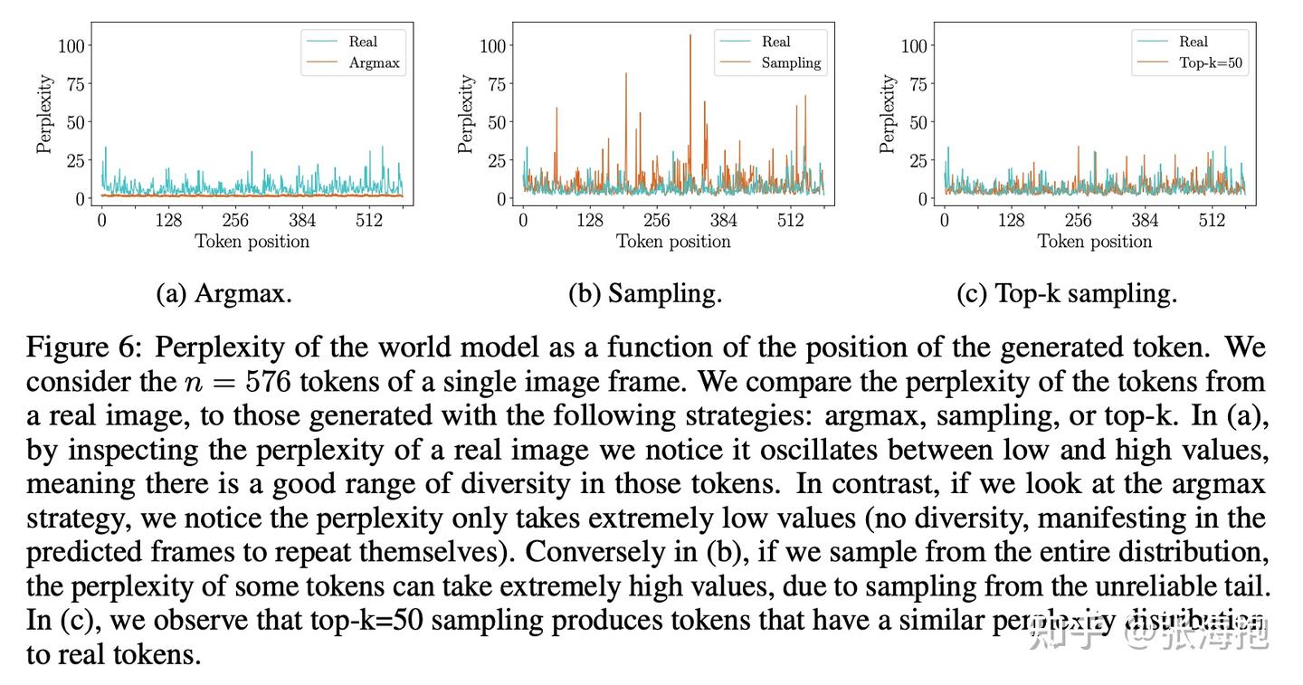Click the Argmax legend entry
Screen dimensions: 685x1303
374,63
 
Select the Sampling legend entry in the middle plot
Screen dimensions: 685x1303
791,63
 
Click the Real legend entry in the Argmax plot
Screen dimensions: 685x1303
363,42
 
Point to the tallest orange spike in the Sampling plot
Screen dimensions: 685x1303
690,37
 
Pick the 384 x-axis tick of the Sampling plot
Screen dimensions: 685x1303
723,220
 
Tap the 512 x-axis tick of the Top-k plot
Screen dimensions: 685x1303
1212,220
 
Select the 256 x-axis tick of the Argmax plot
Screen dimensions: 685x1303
235,220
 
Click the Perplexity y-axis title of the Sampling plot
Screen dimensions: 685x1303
465,113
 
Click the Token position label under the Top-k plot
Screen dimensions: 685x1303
1095,242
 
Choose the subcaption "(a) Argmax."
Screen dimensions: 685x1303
224,294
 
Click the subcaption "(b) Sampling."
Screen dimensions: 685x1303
645,294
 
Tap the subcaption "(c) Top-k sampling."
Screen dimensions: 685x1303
1067,294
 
